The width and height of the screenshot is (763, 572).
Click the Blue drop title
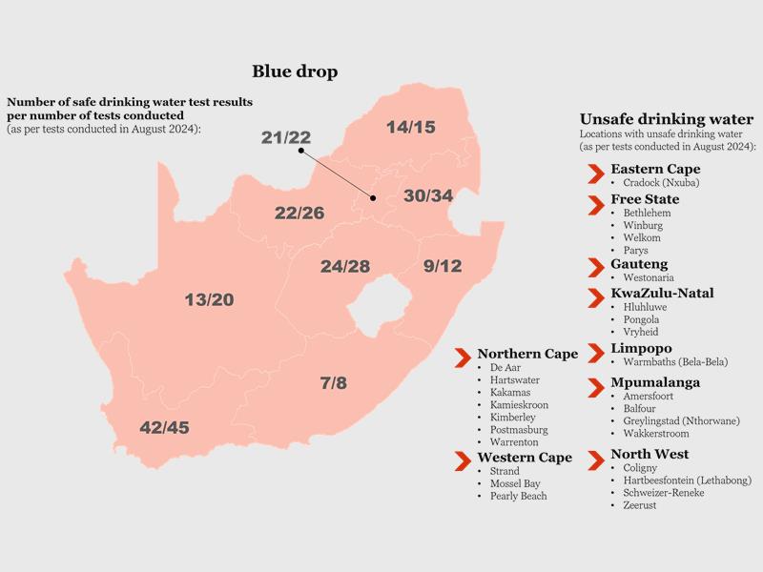pyautogui.click(x=295, y=71)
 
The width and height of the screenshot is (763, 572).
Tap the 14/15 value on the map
pyautogui.click(x=411, y=127)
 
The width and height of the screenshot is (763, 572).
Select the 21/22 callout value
pyautogui.click(x=285, y=137)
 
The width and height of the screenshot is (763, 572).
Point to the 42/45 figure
pyautogui.click(x=164, y=427)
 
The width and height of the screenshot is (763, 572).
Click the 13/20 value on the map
pyautogui.click(x=209, y=299)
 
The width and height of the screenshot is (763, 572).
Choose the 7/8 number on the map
pyautogui.click(x=334, y=383)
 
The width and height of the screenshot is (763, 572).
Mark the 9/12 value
pyautogui.click(x=443, y=266)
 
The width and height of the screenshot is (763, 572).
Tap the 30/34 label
pyautogui.click(x=428, y=195)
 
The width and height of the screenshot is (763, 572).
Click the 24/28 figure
pyautogui.click(x=345, y=266)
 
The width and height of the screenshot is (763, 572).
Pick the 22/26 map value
pyautogui.click(x=299, y=213)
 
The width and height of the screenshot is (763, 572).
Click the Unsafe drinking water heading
pyautogui.click(x=667, y=119)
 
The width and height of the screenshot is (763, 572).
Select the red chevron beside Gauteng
pyautogui.click(x=596, y=268)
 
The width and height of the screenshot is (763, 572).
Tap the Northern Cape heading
pyautogui.click(x=527, y=354)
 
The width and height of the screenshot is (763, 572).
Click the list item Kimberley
pyautogui.click(x=513, y=418)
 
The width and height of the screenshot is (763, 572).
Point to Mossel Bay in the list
pyautogui.click(x=515, y=483)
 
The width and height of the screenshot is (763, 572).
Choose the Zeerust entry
pyautogui.click(x=640, y=505)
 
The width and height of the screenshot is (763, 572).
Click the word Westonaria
pyautogui.click(x=649, y=277)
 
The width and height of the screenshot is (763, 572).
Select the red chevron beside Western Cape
pyautogui.click(x=463, y=461)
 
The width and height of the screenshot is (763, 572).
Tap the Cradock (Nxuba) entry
pyautogui.click(x=661, y=183)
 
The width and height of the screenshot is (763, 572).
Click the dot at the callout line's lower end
pyautogui.click(x=373, y=198)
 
